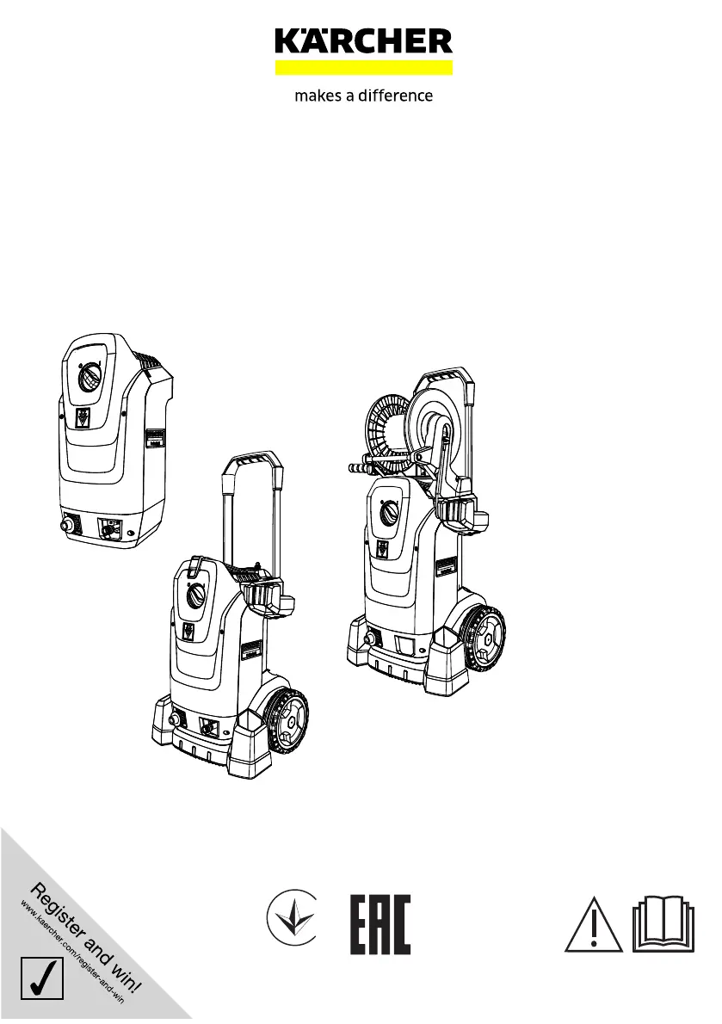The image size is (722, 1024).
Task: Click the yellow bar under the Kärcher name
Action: [364, 68]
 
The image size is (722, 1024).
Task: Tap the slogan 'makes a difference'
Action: [364, 96]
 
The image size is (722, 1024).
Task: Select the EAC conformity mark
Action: [380, 925]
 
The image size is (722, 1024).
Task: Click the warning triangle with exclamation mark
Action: [594, 925]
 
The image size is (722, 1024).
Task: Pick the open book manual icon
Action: [663, 925]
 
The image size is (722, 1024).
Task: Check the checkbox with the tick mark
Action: [42, 978]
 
